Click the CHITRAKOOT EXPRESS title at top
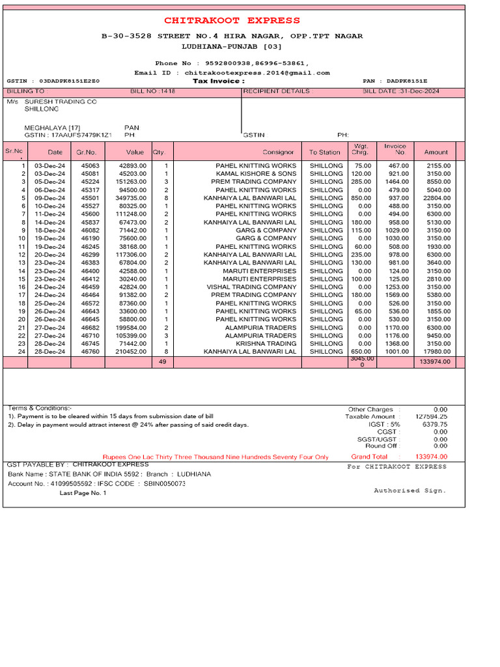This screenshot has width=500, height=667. (232, 20)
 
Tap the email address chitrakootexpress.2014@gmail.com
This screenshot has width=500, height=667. (257, 73)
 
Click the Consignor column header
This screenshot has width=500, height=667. (278, 152)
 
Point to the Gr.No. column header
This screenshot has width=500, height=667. (86, 152)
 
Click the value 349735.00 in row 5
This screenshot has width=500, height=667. (131, 198)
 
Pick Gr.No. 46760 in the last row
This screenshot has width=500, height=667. (90, 351)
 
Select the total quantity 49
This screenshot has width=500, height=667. (162, 362)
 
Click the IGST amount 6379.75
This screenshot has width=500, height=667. (435, 424)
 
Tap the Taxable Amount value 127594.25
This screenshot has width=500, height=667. (432, 416)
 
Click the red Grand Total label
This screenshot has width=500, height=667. (369, 457)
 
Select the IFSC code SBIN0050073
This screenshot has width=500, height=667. (165, 484)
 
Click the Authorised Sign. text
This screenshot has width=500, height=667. (410, 490)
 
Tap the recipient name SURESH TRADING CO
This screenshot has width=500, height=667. (61, 102)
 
